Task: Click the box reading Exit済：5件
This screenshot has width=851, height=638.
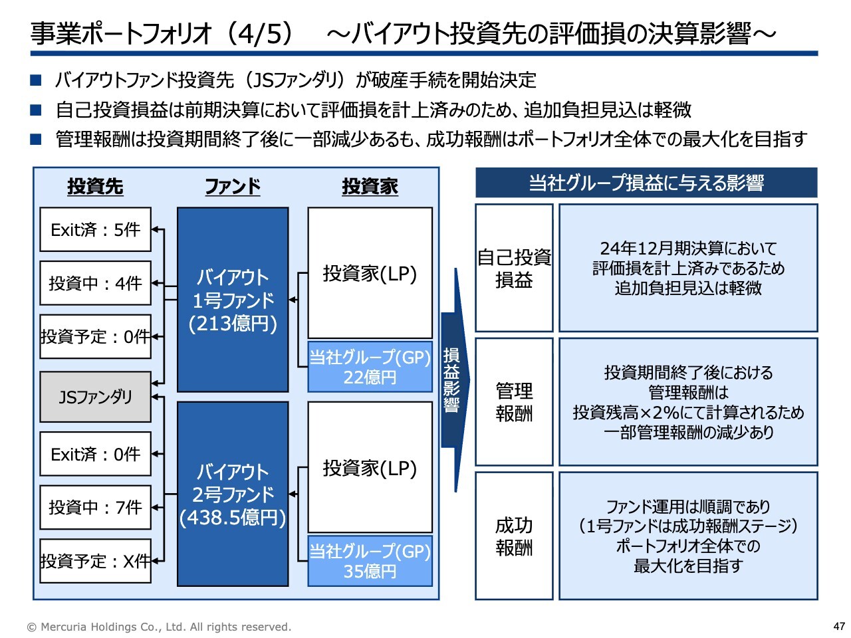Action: click(x=95, y=229)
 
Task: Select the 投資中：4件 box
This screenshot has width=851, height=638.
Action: click(x=95, y=283)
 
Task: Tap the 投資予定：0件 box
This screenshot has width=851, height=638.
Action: click(x=95, y=336)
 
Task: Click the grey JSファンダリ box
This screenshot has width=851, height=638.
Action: click(x=95, y=397)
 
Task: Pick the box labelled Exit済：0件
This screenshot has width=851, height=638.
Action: click(x=95, y=454)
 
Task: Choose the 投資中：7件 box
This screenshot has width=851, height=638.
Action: click(x=95, y=507)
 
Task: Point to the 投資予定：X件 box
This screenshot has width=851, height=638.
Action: click(x=95, y=560)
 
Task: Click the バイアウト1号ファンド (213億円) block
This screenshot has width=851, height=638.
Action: click(x=233, y=300)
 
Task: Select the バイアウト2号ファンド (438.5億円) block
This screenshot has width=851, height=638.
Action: click(x=233, y=494)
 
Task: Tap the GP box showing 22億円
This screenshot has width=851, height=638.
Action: click(x=370, y=366)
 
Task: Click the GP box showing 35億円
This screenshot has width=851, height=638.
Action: click(x=370, y=561)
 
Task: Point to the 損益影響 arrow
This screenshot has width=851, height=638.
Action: click(x=454, y=380)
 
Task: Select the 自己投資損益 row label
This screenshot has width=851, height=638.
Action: click(x=514, y=268)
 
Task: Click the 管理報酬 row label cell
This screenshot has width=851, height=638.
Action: click(x=514, y=401)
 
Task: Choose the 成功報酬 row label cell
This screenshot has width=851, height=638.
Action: click(x=514, y=536)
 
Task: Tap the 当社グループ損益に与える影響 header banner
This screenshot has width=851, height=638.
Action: click(x=646, y=183)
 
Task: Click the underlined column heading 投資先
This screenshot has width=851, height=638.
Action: click(x=95, y=186)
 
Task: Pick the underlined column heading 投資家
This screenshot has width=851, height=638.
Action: click(x=370, y=186)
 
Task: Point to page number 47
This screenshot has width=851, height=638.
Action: click(x=838, y=626)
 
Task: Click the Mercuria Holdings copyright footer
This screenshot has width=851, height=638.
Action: click(x=159, y=627)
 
